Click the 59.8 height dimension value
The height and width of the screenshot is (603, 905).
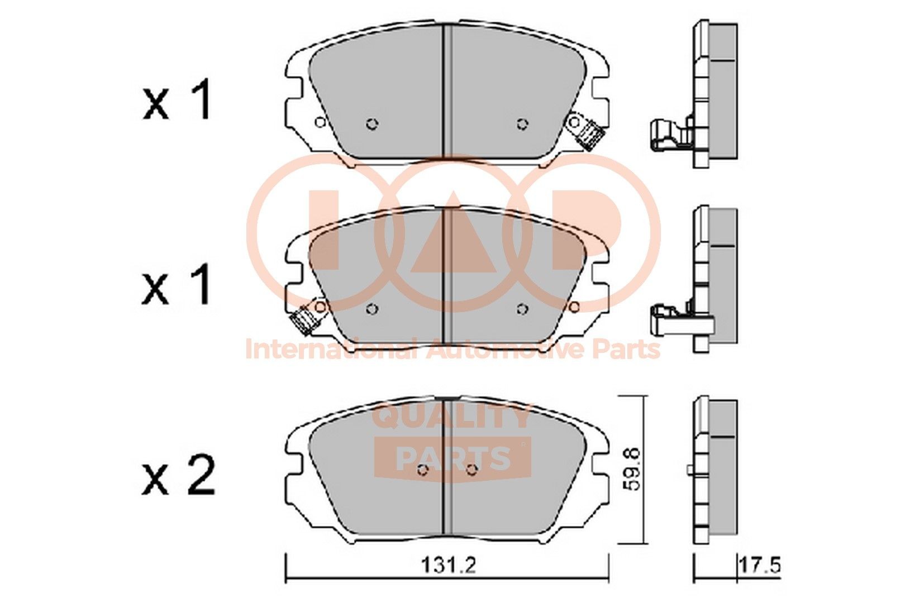coord(632,469)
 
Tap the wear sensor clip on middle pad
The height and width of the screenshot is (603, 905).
coord(303,320)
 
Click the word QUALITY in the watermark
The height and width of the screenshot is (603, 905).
coord(451,416)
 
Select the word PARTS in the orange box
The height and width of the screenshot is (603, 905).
coord(453,459)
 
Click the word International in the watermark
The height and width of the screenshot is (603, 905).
coord(331,350)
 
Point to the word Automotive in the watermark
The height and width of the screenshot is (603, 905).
coord(506,350)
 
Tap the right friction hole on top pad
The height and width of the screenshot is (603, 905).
coord(522,123)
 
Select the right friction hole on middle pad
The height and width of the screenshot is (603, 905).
coord(522,309)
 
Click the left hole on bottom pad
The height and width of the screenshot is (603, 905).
coord(423,471)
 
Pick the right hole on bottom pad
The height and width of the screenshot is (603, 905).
coord(472,471)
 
